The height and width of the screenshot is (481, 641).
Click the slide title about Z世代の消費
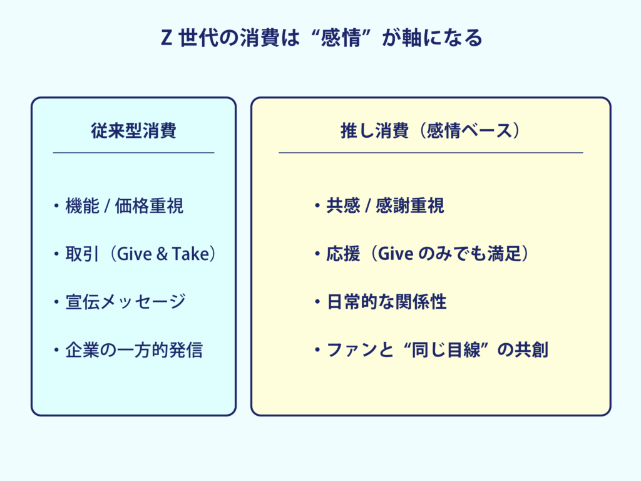tap(321, 38)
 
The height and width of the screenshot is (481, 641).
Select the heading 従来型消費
tap(134, 131)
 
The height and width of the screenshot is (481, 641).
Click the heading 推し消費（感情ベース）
tap(431, 131)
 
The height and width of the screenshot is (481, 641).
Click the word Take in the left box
tap(190, 254)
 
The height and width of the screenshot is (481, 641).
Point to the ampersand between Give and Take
tap(162, 254)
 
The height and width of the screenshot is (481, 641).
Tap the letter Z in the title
tap(166, 38)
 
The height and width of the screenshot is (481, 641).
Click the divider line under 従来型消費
tap(134, 153)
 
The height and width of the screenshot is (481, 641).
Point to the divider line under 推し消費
tap(431, 153)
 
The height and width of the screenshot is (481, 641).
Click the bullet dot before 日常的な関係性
tap(317, 303)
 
